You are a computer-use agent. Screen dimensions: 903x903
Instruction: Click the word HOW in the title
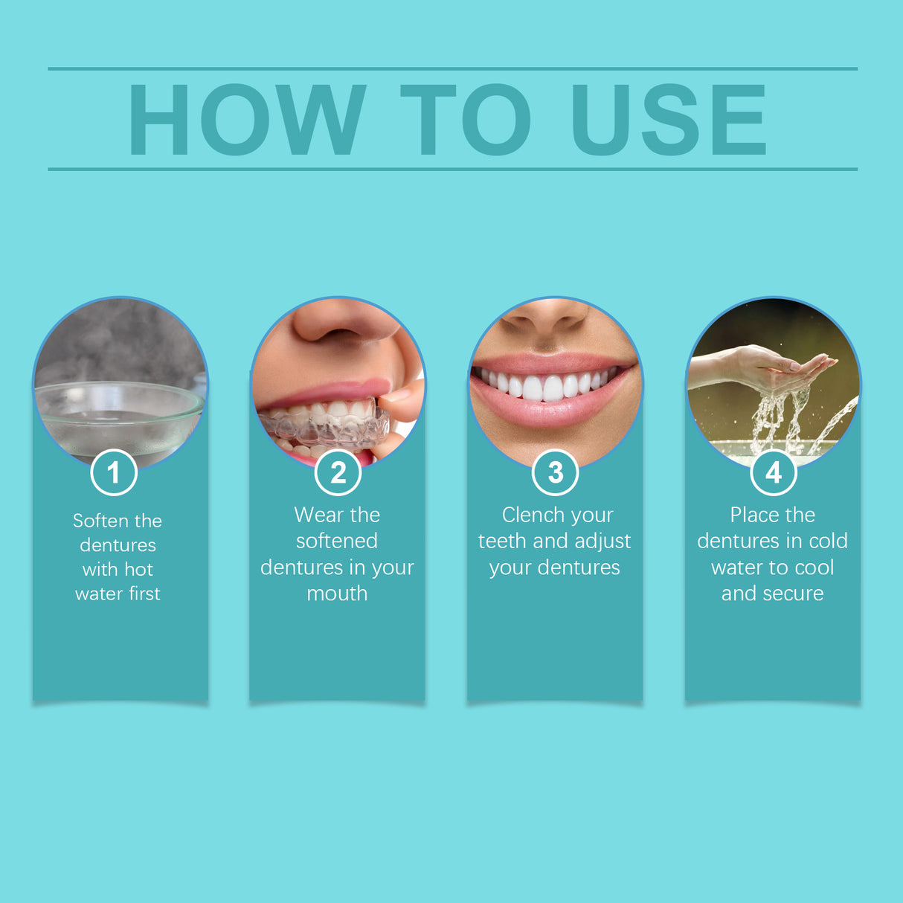pyautogui.click(x=247, y=119)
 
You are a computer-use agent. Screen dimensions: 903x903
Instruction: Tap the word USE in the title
pyautogui.click(x=668, y=119)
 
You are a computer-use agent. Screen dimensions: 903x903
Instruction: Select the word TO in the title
pyautogui.click(x=466, y=119)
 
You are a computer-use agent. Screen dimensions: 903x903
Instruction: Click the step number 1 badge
pyautogui.click(x=114, y=472)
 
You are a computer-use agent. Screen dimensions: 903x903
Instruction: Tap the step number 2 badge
pyautogui.click(x=338, y=472)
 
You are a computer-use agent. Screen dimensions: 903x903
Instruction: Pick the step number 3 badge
pyautogui.click(x=555, y=472)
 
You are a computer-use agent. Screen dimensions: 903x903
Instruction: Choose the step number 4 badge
pyautogui.click(x=774, y=472)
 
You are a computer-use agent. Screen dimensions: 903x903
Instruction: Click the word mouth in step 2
pyautogui.click(x=337, y=594)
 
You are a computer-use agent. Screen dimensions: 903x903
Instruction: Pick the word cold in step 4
pyautogui.click(x=828, y=541)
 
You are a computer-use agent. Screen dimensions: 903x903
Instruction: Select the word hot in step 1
pyautogui.click(x=138, y=570)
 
